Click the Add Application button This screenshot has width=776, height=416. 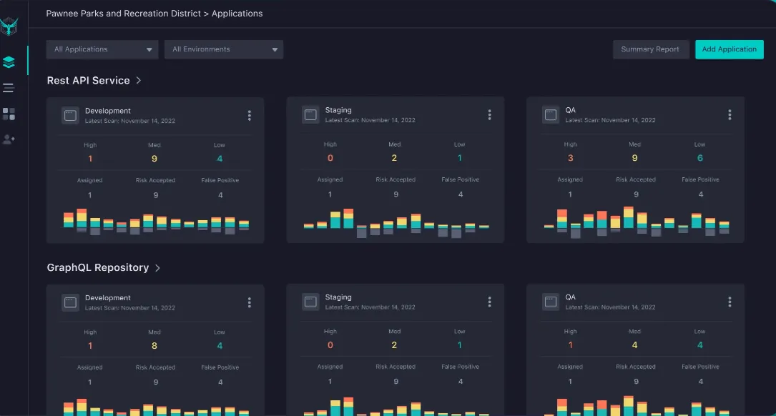[x=729, y=49]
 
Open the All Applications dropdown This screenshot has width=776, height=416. [x=102, y=49]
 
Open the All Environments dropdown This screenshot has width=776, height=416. [x=224, y=49]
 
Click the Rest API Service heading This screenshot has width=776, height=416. [x=88, y=81]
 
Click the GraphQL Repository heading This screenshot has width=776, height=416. [x=97, y=267]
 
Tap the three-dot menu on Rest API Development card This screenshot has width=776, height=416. [x=249, y=116]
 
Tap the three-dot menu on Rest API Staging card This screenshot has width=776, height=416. [x=489, y=115]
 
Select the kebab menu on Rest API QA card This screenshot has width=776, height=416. [x=730, y=115]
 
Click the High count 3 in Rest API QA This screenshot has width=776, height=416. [x=570, y=158]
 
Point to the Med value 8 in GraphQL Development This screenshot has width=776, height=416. [x=154, y=346]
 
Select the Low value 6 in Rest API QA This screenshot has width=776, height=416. [x=699, y=158]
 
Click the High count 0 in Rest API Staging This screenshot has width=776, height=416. [x=330, y=158]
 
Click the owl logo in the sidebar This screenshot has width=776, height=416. [x=9, y=27]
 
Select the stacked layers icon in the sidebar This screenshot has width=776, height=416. [x=9, y=62]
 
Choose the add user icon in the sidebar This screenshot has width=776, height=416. [x=9, y=139]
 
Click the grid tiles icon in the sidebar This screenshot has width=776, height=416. [x=9, y=114]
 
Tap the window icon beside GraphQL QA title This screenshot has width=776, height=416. [x=550, y=302]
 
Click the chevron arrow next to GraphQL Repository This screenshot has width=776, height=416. [x=157, y=268]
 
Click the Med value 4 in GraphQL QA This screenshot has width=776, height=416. [x=634, y=345]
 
